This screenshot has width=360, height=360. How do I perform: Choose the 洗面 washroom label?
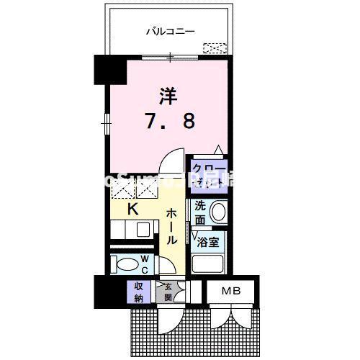201,211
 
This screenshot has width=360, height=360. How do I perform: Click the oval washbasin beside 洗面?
220,212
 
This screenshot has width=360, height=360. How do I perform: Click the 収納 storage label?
137,292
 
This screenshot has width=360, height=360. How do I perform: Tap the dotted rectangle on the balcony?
214,48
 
